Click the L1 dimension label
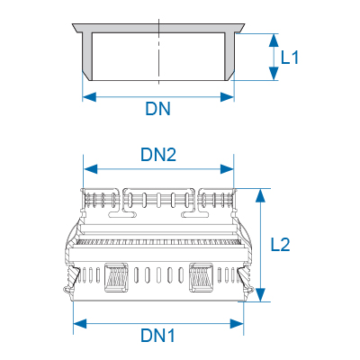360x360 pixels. tap(290, 57)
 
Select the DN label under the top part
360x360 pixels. tap(158, 109)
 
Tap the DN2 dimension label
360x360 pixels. tap(158, 155)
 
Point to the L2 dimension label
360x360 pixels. tap(281, 245)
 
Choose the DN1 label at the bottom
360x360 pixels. tap(157, 336)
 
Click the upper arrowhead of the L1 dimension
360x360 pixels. tap(274, 40)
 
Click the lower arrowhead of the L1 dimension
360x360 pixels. tap(274, 74)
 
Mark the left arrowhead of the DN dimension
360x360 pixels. tap(89, 97)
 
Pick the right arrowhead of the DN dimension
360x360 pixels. tap(227, 97)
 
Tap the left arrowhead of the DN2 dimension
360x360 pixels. tap(91, 169)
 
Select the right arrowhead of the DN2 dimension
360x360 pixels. tap(227, 169)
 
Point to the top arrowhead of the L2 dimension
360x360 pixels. tap(261, 195)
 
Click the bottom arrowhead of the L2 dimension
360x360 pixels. tap(261, 294)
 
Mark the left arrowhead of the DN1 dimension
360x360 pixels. tap(80, 324)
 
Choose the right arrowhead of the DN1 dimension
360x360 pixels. tap(237, 324)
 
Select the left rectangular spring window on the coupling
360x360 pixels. tap(116, 277)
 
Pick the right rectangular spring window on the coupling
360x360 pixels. tap(201, 277)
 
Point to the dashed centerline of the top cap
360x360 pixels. tap(158, 51)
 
